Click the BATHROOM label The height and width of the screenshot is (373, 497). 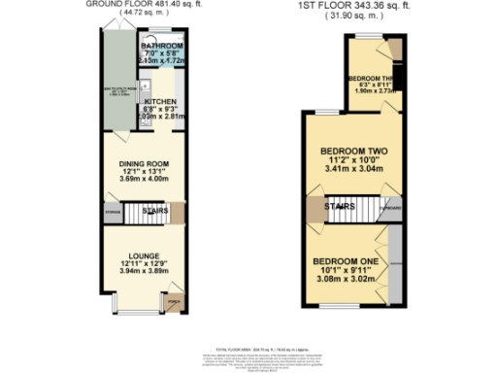(x=161, y=46)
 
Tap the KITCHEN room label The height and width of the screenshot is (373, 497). (x=160, y=100)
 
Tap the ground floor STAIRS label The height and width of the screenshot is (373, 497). (x=155, y=210)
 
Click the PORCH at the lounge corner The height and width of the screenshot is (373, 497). (x=174, y=302)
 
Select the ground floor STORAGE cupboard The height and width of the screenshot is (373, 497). (x=113, y=210)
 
